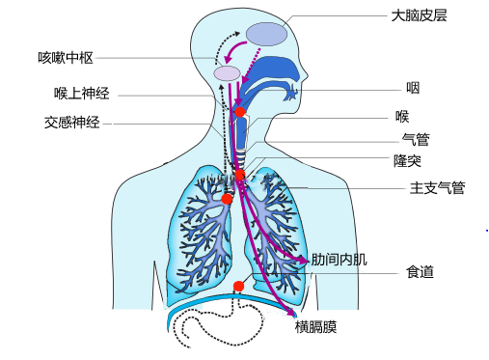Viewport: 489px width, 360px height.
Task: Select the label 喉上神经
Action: (81, 94)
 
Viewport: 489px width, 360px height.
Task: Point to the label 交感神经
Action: (71, 123)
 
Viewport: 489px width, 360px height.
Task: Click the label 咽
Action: (412, 88)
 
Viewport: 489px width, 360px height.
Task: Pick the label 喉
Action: (402, 117)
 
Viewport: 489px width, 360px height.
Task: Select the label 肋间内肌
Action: (339, 260)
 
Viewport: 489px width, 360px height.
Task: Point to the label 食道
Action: (420, 273)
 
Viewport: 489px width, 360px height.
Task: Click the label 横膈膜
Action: (315, 326)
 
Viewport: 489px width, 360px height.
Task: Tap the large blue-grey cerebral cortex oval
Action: (266, 34)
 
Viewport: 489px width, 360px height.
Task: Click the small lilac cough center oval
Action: (227, 73)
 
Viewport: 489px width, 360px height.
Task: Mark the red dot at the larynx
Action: (239, 113)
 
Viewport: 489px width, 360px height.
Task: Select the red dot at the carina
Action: (240, 176)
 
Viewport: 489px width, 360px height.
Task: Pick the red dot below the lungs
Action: (238, 286)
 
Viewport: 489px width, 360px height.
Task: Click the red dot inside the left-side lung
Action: (227, 199)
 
